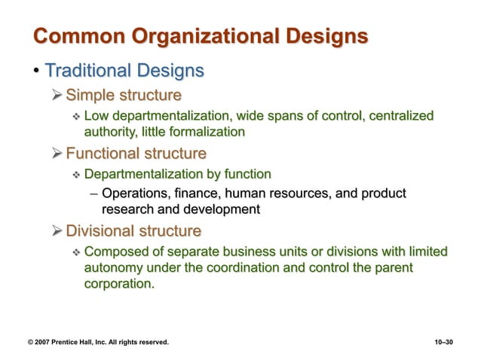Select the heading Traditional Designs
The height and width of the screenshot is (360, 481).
[x=124, y=72]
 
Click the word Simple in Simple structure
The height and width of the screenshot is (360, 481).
[x=91, y=96]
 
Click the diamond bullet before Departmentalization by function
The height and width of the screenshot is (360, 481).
[x=75, y=175]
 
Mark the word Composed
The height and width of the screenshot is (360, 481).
[x=113, y=251]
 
